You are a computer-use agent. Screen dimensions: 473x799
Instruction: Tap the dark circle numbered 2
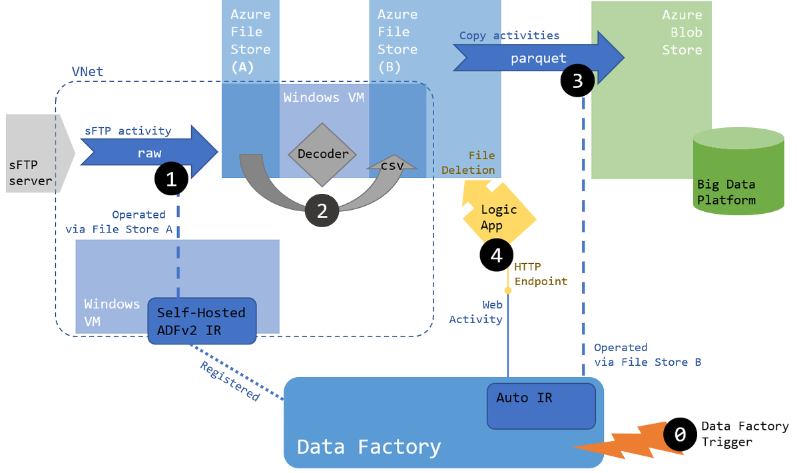pos(322,211)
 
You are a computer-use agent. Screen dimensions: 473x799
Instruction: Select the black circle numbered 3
pos(578,81)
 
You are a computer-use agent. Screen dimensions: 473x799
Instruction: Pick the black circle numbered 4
pos(497,254)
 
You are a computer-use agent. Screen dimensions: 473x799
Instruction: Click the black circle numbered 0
pos(680,434)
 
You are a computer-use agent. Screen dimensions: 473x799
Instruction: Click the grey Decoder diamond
pos(323,155)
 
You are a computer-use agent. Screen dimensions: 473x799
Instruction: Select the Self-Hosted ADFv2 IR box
pos(201,320)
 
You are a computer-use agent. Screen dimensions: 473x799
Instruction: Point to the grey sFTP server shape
pos(33,153)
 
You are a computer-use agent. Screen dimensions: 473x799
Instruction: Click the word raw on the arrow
pos(149,153)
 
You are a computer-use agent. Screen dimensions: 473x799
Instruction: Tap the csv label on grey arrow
pos(392,166)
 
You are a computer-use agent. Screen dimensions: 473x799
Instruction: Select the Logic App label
pos(499,217)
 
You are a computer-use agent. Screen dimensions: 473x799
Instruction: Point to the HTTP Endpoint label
pos(541,274)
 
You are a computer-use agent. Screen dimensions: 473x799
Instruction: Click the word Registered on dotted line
pos(230,381)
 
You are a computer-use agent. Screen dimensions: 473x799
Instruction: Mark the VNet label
pos(87,71)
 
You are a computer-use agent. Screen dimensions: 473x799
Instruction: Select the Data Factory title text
pos(368,446)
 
